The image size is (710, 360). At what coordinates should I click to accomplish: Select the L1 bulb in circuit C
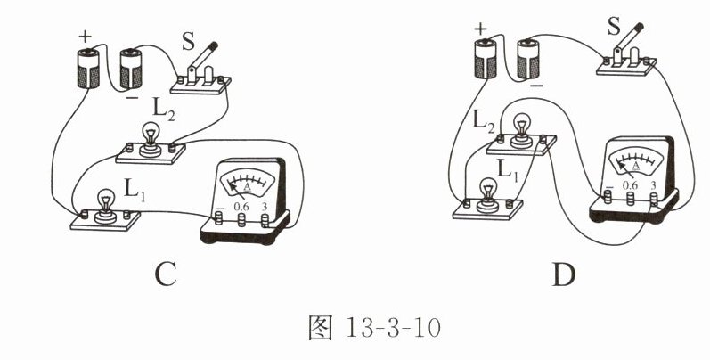coord(106,197)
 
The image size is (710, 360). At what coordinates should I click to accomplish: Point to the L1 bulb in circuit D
coord(488,192)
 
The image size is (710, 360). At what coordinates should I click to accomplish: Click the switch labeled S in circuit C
coord(204,71)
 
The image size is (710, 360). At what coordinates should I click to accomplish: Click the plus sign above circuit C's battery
coord(86,37)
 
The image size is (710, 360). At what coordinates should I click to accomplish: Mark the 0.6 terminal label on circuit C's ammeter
coord(241,208)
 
